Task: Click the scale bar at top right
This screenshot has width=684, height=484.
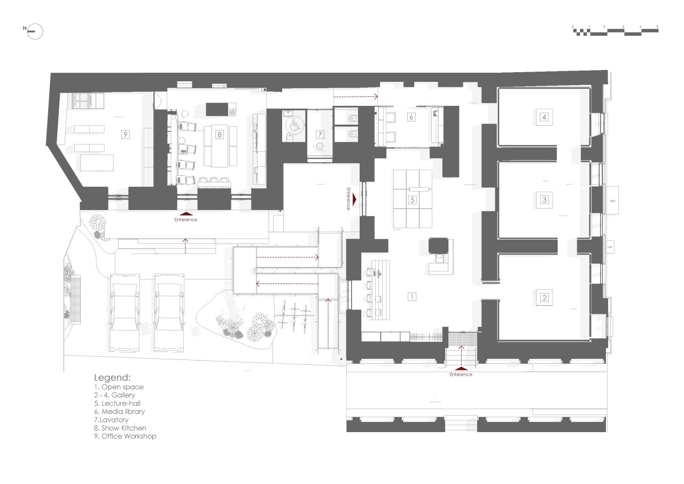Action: coord(615,31)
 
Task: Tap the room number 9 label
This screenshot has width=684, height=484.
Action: coord(125,135)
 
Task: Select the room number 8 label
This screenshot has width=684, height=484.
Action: coord(219,135)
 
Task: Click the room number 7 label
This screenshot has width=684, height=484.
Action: coord(320,134)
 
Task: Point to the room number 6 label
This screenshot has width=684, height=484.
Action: coord(411,117)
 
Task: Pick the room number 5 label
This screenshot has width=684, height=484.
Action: coord(412,201)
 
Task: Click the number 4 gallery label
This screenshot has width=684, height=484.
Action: coord(544,117)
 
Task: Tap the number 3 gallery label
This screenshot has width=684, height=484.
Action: coord(544,199)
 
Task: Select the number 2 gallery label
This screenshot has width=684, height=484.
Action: coord(544,297)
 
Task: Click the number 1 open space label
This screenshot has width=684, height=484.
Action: coord(411,296)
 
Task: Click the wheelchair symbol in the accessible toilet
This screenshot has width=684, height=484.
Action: coord(294,126)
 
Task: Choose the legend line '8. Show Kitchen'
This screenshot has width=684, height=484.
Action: coord(120,428)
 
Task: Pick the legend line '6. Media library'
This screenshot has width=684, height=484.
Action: coord(119,411)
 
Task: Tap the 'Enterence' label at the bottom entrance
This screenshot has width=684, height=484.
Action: coord(461,374)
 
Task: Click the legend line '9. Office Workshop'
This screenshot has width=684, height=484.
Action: coord(125,436)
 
